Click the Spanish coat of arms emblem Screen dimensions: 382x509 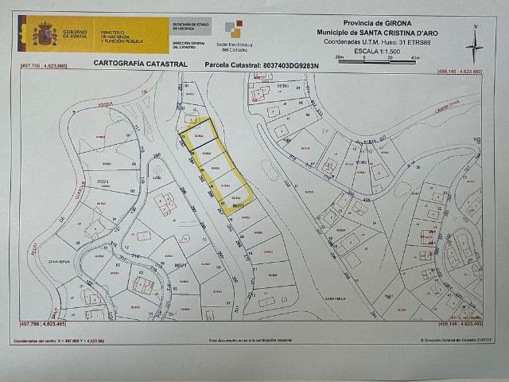tap(43, 35)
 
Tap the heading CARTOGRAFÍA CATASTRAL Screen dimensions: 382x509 tap(141, 63)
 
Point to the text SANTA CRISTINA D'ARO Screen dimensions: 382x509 tap(390, 31)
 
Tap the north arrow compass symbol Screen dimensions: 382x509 tap(474, 45)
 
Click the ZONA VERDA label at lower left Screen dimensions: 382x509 tap(37, 259)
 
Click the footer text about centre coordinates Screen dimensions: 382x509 tap(60, 341)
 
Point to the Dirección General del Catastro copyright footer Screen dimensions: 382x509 tap(451, 341)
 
